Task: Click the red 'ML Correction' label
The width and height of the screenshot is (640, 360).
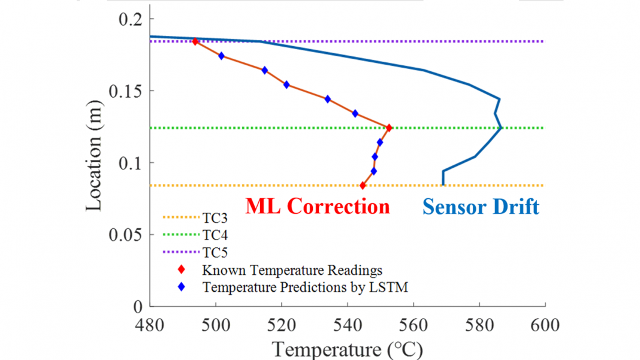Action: (x=318, y=207)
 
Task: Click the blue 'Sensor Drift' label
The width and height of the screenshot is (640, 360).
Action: (x=481, y=207)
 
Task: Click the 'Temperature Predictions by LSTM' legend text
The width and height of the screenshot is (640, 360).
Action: (x=305, y=288)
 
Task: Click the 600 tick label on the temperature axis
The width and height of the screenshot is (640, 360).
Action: (x=545, y=326)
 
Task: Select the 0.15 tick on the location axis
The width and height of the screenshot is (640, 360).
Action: (x=125, y=91)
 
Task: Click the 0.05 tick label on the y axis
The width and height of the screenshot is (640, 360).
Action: (x=125, y=235)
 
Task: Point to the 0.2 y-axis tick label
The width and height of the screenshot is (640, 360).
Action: (x=130, y=19)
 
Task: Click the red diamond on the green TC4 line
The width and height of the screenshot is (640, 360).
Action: (x=389, y=128)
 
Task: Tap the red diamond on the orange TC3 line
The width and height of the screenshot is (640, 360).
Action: (x=363, y=186)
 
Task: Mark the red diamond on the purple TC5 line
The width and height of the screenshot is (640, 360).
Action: (x=195, y=41)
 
